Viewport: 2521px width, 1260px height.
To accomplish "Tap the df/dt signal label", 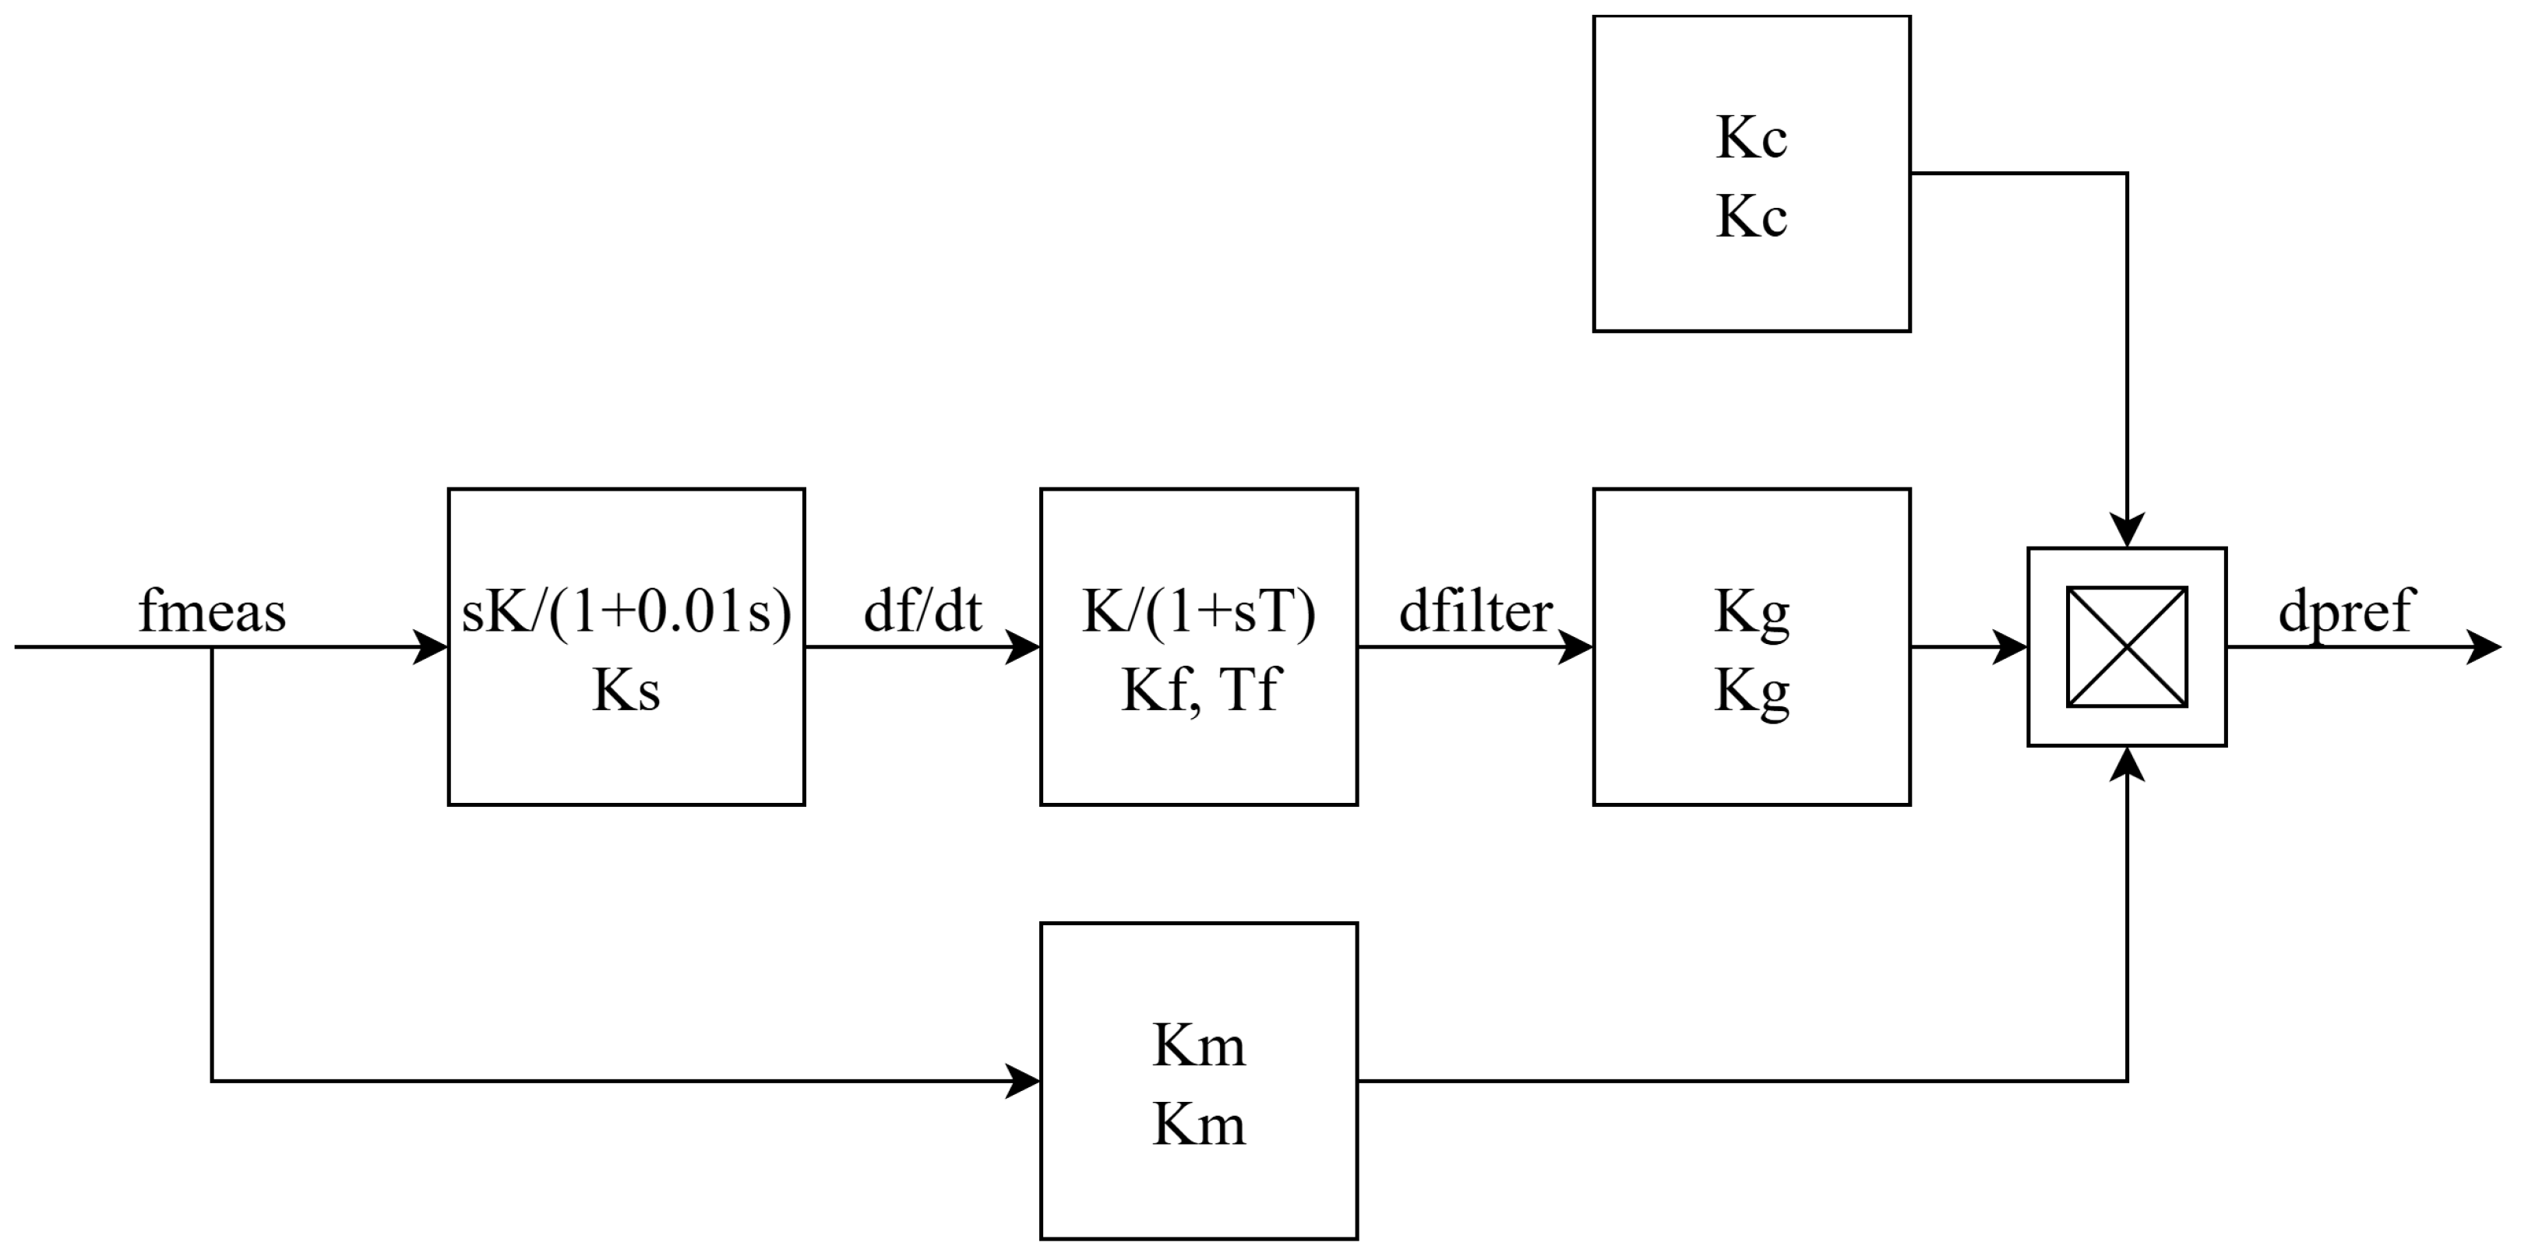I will (922, 611).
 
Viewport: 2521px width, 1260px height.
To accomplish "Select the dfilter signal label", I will (1475, 611).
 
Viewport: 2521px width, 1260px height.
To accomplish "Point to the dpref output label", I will (2346, 611).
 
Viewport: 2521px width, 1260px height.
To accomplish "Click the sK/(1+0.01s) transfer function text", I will (626, 611).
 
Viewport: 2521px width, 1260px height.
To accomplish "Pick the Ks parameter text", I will (626, 690).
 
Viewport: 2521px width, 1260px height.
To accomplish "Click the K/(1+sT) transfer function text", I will (1199, 611).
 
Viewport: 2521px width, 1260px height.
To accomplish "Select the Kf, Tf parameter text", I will (1199, 690).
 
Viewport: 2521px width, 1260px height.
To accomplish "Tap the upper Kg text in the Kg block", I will (1752, 611).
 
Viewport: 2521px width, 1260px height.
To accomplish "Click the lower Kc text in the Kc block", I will (1752, 216).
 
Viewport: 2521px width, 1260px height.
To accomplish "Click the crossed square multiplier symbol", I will (2127, 646).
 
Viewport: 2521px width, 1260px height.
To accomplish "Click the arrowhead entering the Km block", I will (1024, 1081).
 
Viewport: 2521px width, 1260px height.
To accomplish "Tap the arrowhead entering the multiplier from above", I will (2127, 531).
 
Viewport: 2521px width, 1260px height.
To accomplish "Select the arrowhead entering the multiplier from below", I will (2127, 763).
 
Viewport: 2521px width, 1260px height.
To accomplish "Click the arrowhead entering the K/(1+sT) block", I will (1024, 646).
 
